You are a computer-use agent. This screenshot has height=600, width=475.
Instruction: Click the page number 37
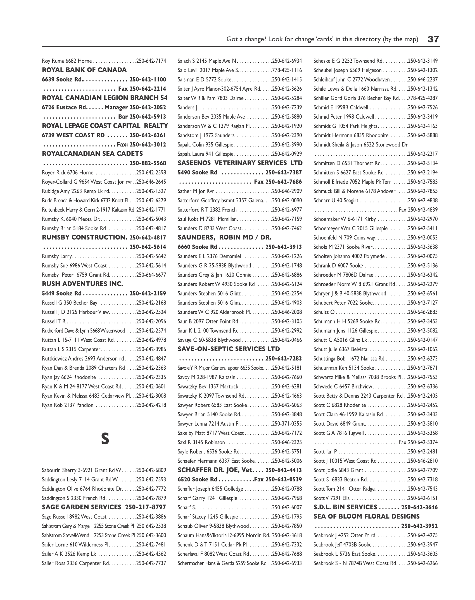click(433, 39)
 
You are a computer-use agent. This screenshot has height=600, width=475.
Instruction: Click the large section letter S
click(105, 439)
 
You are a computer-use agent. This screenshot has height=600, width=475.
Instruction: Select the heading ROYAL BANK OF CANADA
click(84, 70)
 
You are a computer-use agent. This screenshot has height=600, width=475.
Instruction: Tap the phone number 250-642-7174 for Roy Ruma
click(151, 61)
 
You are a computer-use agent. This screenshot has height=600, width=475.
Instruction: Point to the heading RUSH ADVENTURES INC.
click(82, 284)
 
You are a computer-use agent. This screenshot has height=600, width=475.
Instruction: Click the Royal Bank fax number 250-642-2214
click(148, 89)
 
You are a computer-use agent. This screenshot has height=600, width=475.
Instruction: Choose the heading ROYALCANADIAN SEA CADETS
click(92, 153)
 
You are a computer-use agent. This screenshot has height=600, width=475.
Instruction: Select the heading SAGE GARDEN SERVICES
click(82, 507)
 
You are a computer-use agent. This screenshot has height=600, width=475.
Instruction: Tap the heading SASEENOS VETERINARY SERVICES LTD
click(240, 163)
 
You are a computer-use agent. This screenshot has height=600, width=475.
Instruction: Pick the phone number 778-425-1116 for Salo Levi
click(287, 70)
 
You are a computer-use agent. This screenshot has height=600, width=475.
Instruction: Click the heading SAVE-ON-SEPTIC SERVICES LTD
click(229, 349)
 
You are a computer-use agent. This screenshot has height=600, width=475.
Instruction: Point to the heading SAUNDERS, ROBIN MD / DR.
click(225, 237)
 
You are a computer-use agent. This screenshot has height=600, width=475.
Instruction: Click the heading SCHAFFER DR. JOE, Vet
click(215, 470)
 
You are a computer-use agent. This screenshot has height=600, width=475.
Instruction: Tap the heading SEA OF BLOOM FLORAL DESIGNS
click(367, 516)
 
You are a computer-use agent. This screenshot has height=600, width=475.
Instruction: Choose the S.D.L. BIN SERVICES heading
click(345, 507)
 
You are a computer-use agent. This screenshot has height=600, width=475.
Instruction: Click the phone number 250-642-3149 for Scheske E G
click(423, 61)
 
